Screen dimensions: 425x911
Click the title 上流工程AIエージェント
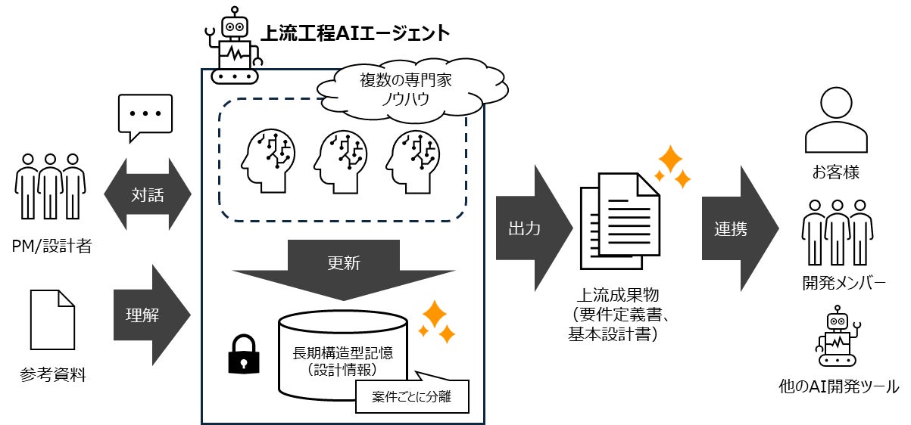tap(355, 33)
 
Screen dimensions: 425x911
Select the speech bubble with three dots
tap(145, 116)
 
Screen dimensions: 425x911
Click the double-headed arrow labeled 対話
tap(148, 194)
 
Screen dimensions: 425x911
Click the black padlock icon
tap(243, 353)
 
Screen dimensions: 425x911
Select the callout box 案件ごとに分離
tap(412, 396)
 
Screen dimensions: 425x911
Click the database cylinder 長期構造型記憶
tap(342, 353)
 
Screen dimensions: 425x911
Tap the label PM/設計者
tap(51, 245)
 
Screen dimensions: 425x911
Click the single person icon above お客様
tap(836, 120)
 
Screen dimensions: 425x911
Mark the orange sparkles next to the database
tap(437, 321)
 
